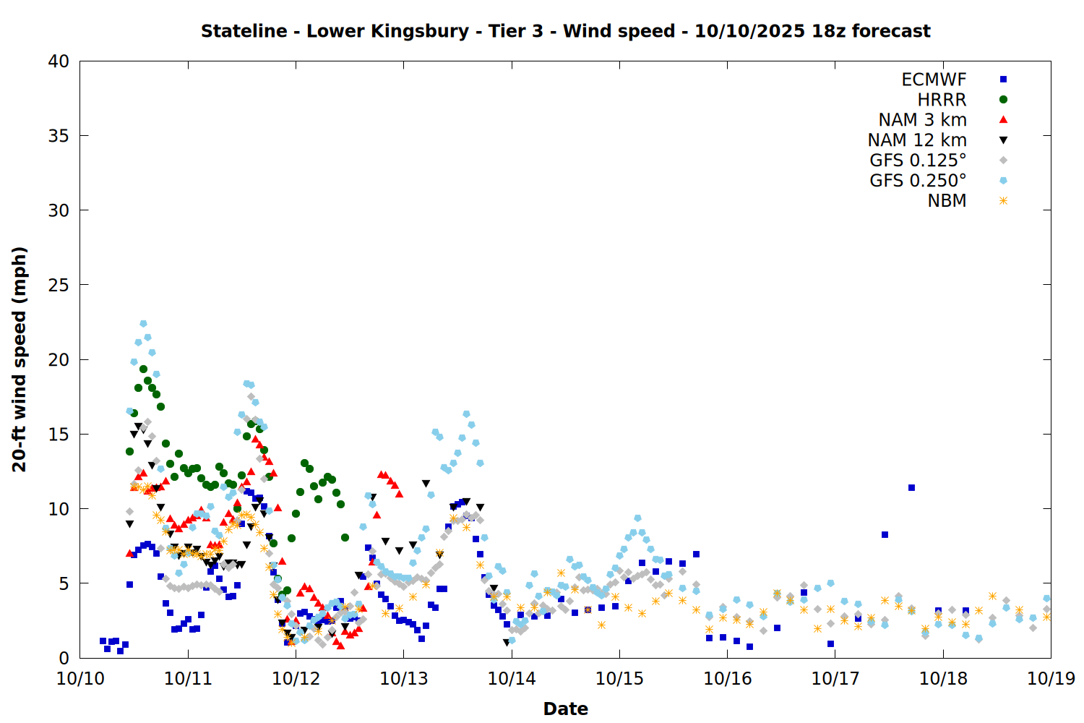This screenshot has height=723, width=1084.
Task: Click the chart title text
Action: point(565,31)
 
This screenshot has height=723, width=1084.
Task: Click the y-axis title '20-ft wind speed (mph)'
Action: point(20,359)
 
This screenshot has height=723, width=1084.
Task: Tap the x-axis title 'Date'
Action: point(565,709)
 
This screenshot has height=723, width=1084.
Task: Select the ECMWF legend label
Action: point(934,80)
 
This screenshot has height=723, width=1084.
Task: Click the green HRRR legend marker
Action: point(1003,100)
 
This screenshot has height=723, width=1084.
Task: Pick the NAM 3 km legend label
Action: point(922,120)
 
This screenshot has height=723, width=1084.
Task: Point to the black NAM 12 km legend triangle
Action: point(1003,140)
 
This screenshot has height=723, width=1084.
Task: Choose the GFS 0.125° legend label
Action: point(918,161)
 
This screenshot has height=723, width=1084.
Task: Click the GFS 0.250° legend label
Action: point(918,181)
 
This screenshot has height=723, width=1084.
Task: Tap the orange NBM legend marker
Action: point(1003,201)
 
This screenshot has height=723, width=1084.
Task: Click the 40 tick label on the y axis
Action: point(59,61)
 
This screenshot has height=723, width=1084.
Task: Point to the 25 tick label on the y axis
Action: point(59,285)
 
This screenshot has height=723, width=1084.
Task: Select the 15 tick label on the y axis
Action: point(59,434)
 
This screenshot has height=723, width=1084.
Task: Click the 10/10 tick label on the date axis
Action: point(80,678)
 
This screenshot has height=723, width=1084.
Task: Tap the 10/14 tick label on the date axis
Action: point(512,678)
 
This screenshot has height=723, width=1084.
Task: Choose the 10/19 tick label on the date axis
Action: point(1051,678)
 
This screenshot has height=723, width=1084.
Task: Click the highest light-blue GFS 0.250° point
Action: point(143,324)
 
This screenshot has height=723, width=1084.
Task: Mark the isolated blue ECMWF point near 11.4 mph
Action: point(912,488)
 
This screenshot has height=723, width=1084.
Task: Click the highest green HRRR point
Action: point(143,369)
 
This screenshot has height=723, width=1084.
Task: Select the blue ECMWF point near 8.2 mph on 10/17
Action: point(885,535)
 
